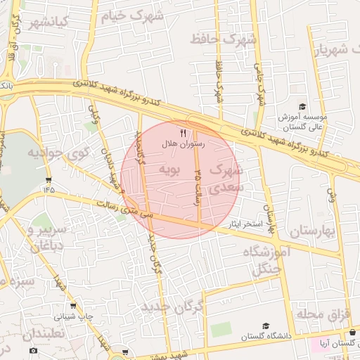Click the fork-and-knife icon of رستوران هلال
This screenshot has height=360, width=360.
(x=183, y=132)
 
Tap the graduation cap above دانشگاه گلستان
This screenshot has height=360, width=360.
(x=266, y=326)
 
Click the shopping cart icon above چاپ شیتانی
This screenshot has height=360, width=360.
(x=73, y=306)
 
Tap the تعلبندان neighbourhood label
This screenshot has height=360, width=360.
(x=43, y=333)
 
